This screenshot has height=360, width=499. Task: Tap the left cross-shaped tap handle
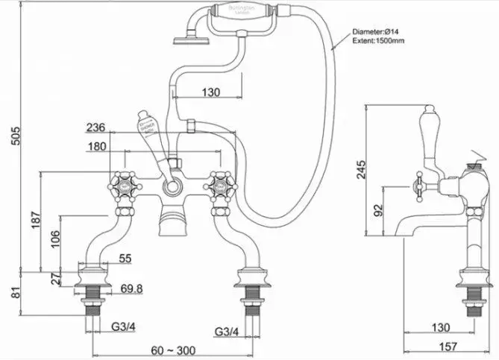tap(120, 182)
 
